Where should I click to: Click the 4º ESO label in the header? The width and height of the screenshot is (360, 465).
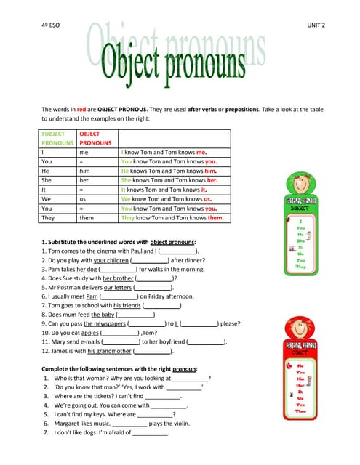(x=50, y=24)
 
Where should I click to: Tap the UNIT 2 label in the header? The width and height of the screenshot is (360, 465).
(x=316, y=24)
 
